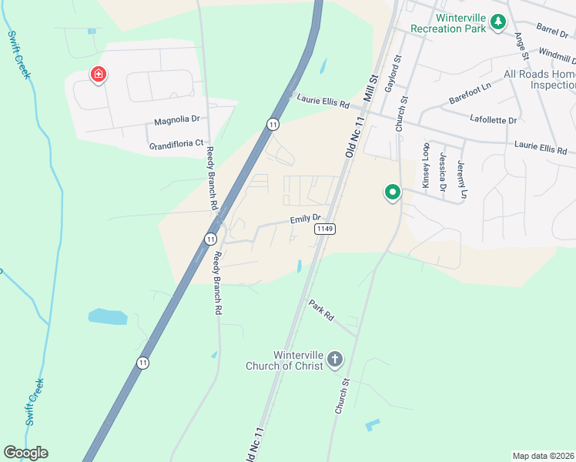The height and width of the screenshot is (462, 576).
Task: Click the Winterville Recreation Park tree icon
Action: (498, 22)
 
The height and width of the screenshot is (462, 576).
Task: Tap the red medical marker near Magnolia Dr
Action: (99, 75)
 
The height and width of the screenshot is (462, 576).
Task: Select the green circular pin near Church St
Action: (392, 192)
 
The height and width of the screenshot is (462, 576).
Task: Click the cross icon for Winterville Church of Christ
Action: (334, 359)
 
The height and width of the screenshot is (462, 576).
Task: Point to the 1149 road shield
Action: (324, 229)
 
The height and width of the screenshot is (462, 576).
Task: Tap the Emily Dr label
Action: (304, 219)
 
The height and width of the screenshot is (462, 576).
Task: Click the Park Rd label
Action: (321, 310)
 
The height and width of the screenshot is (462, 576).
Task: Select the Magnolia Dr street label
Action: (176, 120)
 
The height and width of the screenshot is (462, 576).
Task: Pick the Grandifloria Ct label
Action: (176, 143)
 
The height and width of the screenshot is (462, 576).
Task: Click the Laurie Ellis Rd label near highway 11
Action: (323, 101)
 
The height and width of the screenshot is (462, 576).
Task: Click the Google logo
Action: (25, 453)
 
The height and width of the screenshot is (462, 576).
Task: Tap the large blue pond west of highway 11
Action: (108, 316)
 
